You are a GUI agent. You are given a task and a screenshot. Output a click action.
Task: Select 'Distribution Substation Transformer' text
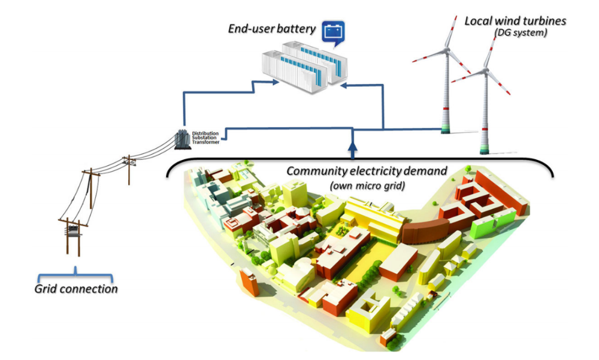coord(205,137)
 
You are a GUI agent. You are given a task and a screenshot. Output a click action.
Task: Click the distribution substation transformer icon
coord(181,139)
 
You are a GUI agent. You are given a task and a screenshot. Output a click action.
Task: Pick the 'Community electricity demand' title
coord(367,171)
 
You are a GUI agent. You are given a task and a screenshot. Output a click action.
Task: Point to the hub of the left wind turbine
coord(448,49)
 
